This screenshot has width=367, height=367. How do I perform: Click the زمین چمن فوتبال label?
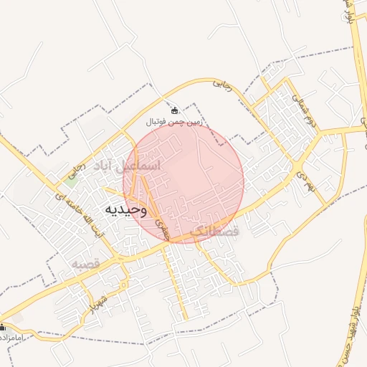176,123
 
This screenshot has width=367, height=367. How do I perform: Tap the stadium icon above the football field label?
175,111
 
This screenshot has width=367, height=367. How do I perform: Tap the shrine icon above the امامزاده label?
3,327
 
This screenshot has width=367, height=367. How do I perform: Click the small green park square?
70,181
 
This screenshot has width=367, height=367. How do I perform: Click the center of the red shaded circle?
183,183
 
